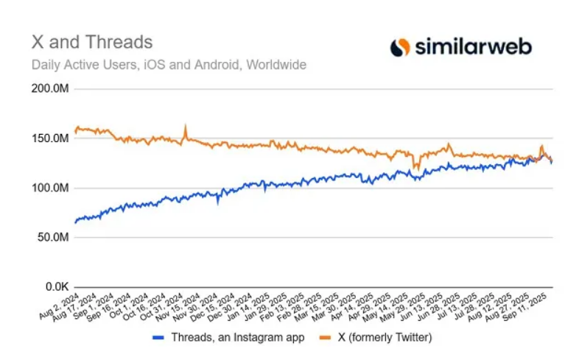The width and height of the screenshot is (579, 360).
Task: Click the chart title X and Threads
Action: point(91,41)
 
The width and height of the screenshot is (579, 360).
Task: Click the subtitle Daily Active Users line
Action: point(169,64)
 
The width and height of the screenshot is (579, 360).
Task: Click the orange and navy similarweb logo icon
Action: point(400,47)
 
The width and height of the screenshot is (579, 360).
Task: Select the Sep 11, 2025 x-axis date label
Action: point(535,308)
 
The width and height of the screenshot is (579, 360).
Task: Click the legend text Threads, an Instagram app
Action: point(248,338)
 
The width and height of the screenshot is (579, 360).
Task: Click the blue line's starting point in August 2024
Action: point(75,221)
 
